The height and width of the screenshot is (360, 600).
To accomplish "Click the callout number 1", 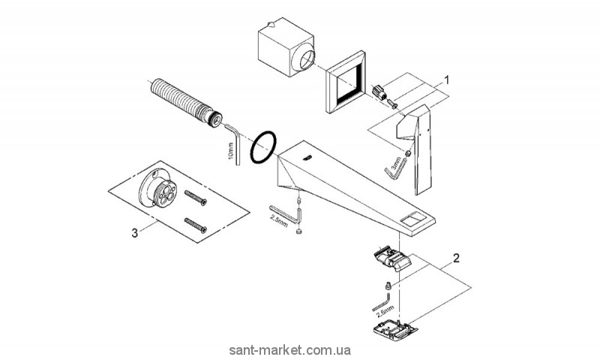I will (x=448, y=79).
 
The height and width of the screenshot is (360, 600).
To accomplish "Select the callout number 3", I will (x=134, y=233).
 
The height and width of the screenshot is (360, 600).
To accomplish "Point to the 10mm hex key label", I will (x=230, y=154).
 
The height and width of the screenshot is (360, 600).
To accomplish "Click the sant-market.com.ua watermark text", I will (x=300, y=350).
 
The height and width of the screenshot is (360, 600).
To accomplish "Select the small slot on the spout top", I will (x=307, y=157).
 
